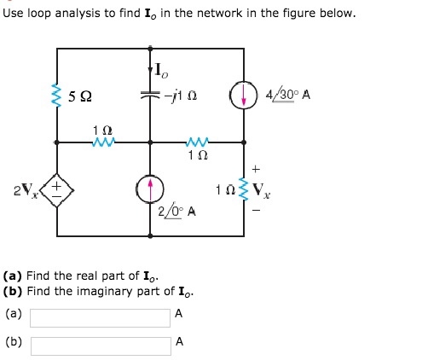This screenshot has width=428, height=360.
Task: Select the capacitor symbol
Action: (x=152, y=96)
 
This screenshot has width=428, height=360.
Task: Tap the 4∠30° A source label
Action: (x=289, y=94)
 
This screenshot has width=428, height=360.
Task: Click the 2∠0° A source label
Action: (x=177, y=211)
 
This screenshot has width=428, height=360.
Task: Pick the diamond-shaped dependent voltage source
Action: (x=58, y=187)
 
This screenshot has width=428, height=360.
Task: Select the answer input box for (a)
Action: (x=100, y=316)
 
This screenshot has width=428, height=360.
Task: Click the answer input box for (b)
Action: (x=100, y=345)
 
